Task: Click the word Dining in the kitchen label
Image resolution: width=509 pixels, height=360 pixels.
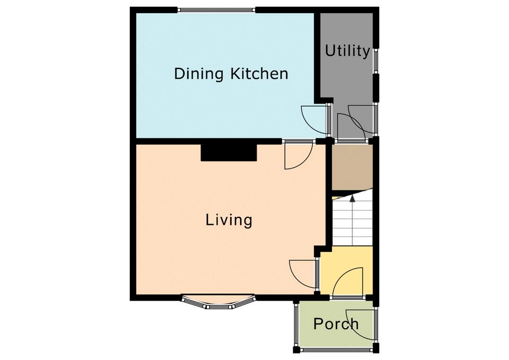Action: click(x=198, y=74)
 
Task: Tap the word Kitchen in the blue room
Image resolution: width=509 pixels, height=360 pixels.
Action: click(x=259, y=74)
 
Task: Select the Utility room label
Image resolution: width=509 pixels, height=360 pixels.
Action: click(x=347, y=51)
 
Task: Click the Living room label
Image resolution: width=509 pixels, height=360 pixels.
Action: click(x=229, y=221)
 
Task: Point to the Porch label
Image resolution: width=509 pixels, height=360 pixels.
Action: click(x=336, y=323)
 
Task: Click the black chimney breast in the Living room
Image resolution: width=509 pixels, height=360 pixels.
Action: click(x=229, y=153)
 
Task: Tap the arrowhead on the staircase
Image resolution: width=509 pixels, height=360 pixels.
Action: click(x=352, y=198)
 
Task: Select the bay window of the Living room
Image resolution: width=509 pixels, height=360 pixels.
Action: click(x=217, y=302)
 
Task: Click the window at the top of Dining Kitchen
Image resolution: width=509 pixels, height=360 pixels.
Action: click(x=216, y=10)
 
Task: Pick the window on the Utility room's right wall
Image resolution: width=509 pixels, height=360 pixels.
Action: click(x=375, y=61)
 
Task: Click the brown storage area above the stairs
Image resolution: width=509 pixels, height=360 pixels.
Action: click(x=352, y=168)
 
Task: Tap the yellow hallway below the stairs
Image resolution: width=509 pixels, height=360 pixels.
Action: click(x=346, y=270)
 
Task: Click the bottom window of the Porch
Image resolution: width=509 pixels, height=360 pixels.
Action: click(x=336, y=350)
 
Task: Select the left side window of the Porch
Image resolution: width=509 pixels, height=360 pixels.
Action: click(x=296, y=324)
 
